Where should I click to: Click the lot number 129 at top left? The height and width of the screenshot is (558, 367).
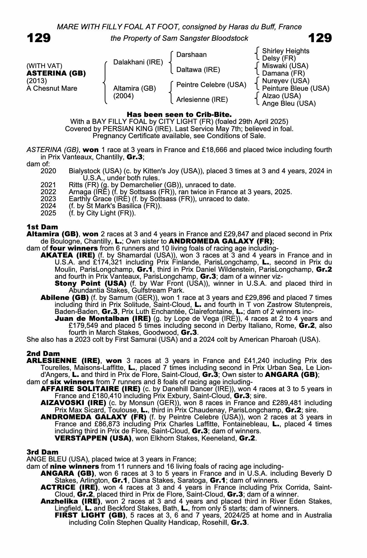(x=39, y=38)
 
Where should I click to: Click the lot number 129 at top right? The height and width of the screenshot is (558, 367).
(x=320, y=38)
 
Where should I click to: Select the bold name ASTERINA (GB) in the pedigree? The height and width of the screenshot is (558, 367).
(x=56, y=73)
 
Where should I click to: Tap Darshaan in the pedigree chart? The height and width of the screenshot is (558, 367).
(x=191, y=55)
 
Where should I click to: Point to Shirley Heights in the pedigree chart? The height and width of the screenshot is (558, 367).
(x=286, y=51)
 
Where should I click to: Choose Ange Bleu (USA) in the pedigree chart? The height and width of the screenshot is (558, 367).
(x=289, y=104)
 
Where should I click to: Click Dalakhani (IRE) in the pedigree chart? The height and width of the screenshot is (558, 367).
(x=138, y=62)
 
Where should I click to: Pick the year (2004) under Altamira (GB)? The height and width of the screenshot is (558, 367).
(x=123, y=96)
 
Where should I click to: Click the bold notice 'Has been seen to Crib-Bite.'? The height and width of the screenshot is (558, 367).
(x=179, y=114)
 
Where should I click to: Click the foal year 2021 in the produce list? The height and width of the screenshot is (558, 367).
(x=48, y=185)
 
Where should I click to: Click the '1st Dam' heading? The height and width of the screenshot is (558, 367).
(x=42, y=227)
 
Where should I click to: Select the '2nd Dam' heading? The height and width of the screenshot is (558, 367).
(x=43, y=354)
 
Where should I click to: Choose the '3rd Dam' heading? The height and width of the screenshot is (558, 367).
(x=42, y=452)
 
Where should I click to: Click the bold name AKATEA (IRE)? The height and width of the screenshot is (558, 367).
(x=68, y=255)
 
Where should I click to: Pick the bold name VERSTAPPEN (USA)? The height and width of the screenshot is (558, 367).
(x=93, y=438)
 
